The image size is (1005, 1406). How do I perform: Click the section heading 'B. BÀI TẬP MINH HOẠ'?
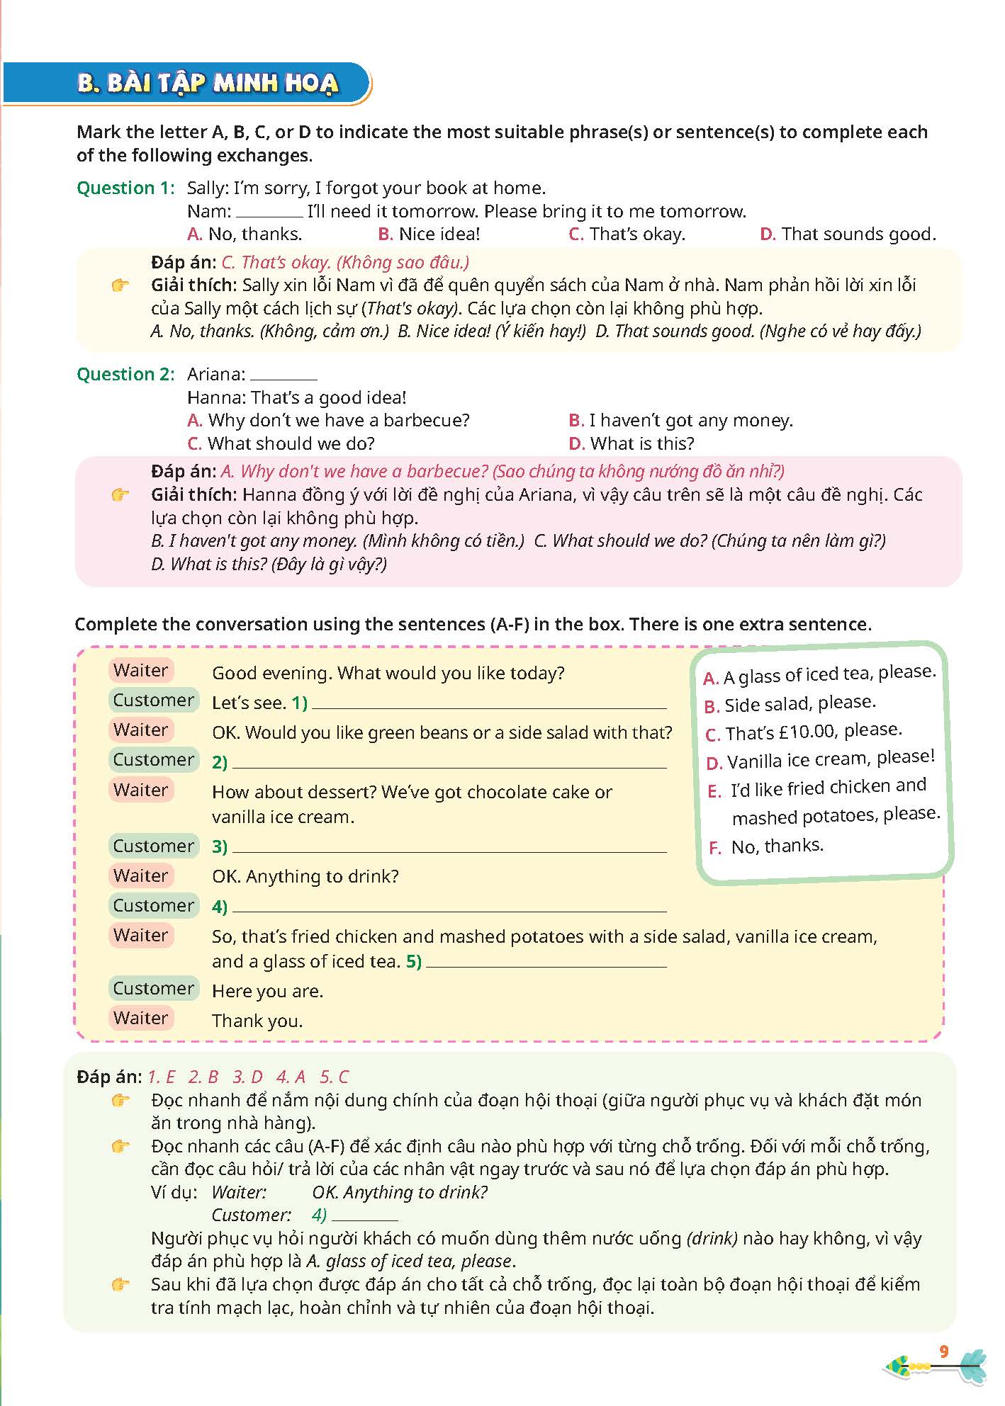(x=208, y=84)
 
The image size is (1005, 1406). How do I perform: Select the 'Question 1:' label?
(x=125, y=188)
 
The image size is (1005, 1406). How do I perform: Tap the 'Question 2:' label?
(x=125, y=375)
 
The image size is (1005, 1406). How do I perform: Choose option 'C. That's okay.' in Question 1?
(x=627, y=234)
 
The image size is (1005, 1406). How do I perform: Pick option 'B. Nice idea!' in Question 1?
(x=429, y=234)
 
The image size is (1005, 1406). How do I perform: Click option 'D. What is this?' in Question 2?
(x=631, y=444)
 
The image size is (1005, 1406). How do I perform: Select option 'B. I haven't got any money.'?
(x=680, y=421)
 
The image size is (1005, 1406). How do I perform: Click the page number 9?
(x=943, y=1352)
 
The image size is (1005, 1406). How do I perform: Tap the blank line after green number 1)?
(x=489, y=704)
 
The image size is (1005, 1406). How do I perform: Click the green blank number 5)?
(x=414, y=962)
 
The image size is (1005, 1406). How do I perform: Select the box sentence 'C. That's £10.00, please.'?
(x=804, y=732)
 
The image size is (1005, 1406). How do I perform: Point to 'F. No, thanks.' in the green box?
(x=766, y=846)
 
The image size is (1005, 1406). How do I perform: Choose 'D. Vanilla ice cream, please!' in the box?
(x=821, y=760)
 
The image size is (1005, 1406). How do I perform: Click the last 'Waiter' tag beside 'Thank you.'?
(x=141, y=1019)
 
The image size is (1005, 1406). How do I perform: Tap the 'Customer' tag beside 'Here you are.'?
(x=153, y=989)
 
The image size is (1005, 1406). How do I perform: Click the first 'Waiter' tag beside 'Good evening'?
(x=141, y=671)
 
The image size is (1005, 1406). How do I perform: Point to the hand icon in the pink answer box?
(x=120, y=495)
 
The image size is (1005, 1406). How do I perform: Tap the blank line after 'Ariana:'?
(x=283, y=375)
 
